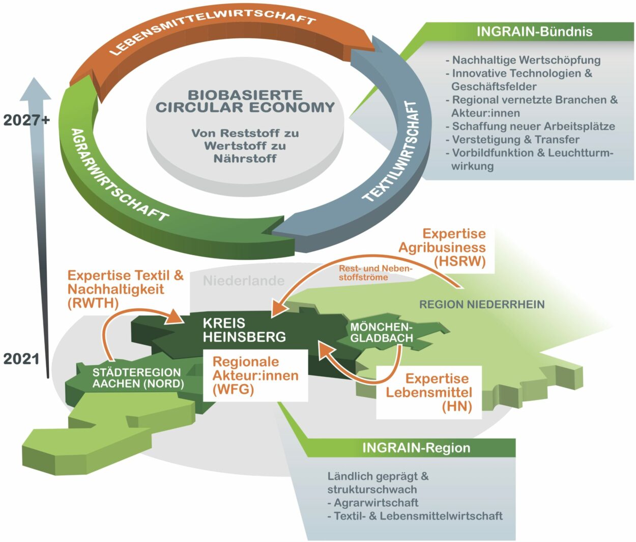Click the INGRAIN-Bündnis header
(534, 32)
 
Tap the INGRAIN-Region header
(416, 448)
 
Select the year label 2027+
(27, 120)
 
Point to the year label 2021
(21, 359)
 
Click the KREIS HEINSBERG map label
(244, 330)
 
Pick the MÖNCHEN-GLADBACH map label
(381, 332)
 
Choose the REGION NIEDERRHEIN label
(482, 305)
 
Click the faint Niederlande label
(244, 281)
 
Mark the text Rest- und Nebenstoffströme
(375, 273)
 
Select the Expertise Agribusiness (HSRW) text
(442, 248)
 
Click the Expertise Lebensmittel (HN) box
(429, 392)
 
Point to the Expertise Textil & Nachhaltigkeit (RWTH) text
(125, 289)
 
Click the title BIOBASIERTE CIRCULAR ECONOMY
(245, 101)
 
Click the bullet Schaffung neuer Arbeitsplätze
(533, 126)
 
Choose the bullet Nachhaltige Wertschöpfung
(526, 60)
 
